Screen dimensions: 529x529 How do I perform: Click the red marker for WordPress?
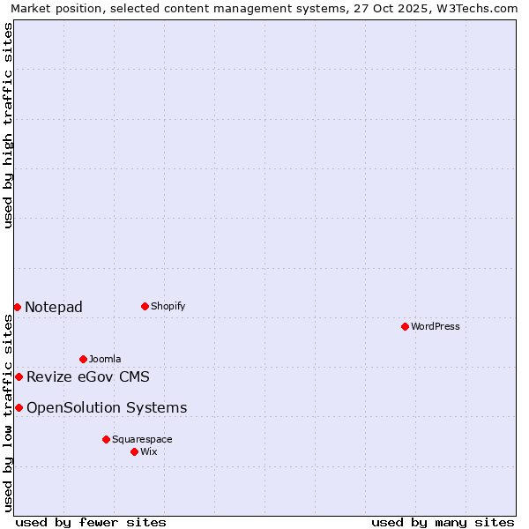pyautogui.click(x=405, y=326)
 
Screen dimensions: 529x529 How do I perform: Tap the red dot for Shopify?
pyautogui.click(x=145, y=306)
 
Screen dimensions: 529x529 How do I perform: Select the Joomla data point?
pyautogui.click(x=83, y=359)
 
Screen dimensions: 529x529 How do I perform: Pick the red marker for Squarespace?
pyautogui.click(x=106, y=439)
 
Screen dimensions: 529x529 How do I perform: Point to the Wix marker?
pyautogui.click(x=134, y=451)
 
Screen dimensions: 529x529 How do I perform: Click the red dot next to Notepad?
pyautogui.click(x=17, y=307)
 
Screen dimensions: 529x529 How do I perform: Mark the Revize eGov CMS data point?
pyautogui.click(x=19, y=376)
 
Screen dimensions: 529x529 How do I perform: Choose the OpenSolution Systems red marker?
pyautogui.click(x=19, y=407)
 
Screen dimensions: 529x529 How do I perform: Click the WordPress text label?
pyautogui.click(x=436, y=326)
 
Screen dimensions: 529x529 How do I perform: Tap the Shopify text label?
pyautogui.click(x=168, y=306)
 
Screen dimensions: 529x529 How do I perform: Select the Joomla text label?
pyautogui.click(x=105, y=359)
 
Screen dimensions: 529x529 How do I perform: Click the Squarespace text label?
pyautogui.click(x=142, y=439)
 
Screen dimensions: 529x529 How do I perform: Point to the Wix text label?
pyautogui.click(x=148, y=451)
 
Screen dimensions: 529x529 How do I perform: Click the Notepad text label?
pyautogui.click(x=54, y=307)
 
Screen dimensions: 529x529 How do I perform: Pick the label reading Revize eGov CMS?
pyautogui.click(x=88, y=377)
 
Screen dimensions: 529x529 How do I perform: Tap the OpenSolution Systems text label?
pyautogui.click(x=107, y=407)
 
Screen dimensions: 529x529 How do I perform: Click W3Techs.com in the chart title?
pyautogui.click(x=475, y=8)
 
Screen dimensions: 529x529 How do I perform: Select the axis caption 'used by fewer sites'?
pyautogui.click(x=91, y=522)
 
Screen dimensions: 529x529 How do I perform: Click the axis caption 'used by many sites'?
pyautogui.click(x=443, y=522)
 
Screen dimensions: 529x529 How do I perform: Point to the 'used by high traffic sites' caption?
pyautogui.click(x=8, y=125)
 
